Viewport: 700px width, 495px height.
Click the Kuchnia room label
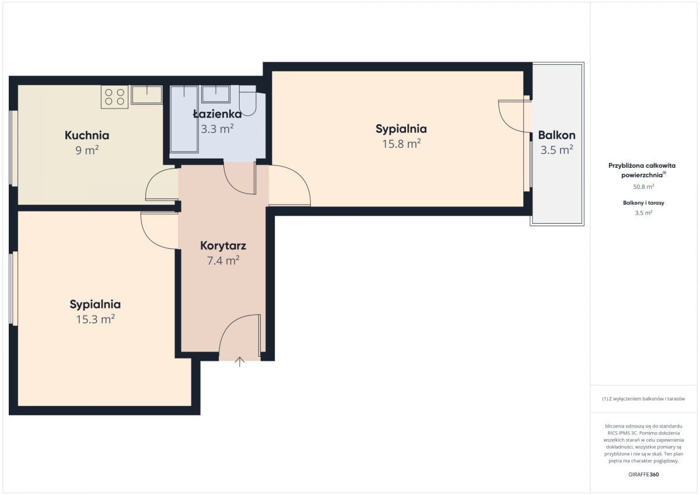[87, 135]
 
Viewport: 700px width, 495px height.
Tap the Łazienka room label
[218, 114]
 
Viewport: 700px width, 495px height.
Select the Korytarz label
[223, 246]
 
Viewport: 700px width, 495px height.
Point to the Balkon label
[556, 135]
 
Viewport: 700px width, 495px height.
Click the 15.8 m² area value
[401, 143]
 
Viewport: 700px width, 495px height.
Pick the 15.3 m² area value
[95, 319]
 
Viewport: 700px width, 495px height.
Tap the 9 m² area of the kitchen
[87, 150]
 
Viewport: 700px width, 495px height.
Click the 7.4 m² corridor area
[223, 260]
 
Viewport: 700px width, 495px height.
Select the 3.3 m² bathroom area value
[217, 129]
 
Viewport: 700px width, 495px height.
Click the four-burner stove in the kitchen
[115, 97]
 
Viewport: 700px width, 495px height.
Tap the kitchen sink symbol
[147, 94]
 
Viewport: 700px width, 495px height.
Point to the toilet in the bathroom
[248, 100]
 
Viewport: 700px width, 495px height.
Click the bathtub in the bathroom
[184, 119]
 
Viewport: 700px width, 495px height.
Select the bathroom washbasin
[216, 94]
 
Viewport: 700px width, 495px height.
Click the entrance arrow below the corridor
[240, 361]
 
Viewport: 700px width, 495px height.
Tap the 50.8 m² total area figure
[643, 187]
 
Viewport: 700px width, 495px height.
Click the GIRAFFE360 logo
[643, 475]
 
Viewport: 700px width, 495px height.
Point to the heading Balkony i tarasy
[643, 203]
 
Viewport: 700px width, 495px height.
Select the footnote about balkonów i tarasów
[643, 398]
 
